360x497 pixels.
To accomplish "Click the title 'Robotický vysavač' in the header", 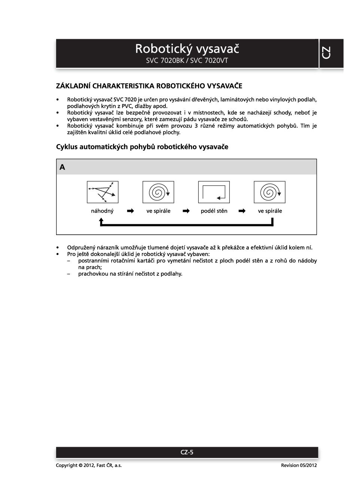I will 187,49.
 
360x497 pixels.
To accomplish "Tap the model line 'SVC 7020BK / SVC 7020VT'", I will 187,61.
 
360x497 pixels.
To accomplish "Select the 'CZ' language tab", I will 326,53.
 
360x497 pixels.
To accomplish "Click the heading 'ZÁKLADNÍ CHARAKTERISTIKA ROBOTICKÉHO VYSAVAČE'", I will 149,86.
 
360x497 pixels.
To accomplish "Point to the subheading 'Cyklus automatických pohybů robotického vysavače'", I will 142,147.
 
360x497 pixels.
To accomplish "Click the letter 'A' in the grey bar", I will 62,167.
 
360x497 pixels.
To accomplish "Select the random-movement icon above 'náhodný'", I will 103,192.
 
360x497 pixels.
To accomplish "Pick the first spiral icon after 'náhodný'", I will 158,192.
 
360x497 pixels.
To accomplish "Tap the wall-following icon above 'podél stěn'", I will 214,192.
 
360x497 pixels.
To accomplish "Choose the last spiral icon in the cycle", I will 269,192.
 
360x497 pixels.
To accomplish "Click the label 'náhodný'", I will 102,211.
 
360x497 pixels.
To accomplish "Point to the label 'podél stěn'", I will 214,211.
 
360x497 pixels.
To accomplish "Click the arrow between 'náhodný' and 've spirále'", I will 130,211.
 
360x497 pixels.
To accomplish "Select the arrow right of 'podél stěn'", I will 242,211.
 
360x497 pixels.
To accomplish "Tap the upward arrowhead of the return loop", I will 101,221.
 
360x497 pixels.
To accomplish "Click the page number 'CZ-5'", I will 187,452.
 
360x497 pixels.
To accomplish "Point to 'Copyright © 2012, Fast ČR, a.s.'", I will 89,465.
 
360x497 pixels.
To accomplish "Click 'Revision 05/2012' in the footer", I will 299,465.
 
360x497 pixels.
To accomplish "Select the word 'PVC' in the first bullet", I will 127,106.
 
